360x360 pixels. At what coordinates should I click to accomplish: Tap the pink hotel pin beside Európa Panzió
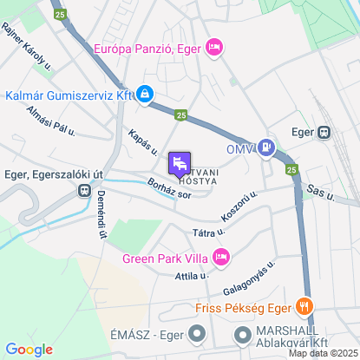(214, 48)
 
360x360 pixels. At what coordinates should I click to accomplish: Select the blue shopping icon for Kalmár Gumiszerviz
(145, 93)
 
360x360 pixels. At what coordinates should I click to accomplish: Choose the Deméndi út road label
(102, 215)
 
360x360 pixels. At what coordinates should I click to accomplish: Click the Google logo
(29, 350)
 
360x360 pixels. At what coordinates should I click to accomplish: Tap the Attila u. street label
(192, 275)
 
